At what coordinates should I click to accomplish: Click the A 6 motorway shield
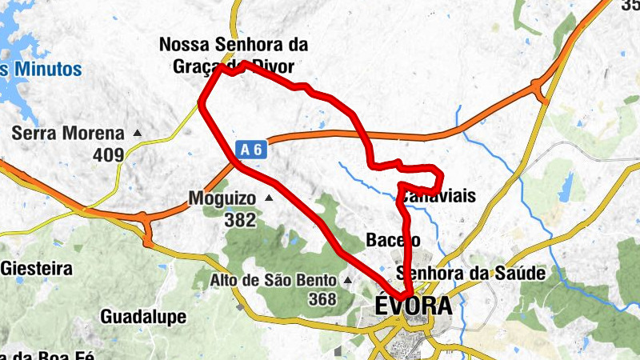click(x=250, y=149)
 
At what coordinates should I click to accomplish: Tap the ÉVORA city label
click(x=413, y=306)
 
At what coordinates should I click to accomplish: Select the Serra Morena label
click(x=68, y=134)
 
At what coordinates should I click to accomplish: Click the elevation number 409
click(x=110, y=154)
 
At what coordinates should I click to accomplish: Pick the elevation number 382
click(x=240, y=220)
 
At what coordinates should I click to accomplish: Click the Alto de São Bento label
click(x=274, y=280)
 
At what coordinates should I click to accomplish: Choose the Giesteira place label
click(x=37, y=268)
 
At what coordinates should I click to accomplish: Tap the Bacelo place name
click(x=393, y=239)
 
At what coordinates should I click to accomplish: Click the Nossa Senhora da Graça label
click(x=234, y=45)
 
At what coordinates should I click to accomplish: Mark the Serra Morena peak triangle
click(x=138, y=134)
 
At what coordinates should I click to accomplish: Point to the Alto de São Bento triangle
click(x=347, y=281)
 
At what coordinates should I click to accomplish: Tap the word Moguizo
click(x=222, y=198)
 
